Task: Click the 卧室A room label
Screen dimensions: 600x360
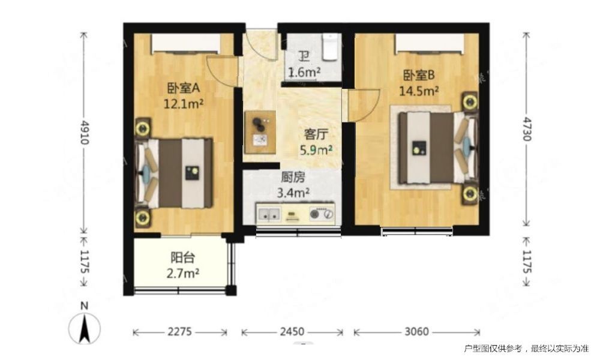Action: pyautogui.click(x=184, y=88)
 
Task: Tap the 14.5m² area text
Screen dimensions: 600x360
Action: pyautogui.click(x=419, y=91)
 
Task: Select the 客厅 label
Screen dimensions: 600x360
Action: pyautogui.click(x=316, y=134)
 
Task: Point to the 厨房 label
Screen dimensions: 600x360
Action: pyautogui.click(x=293, y=178)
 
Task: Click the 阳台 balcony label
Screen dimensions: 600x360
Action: pyautogui.click(x=183, y=258)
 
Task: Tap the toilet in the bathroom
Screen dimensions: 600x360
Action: pyautogui.click(x=330, y=47)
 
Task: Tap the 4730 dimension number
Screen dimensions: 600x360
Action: pyautogui.click(x=527, y=129)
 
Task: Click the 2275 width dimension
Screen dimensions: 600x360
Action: pyautogui.click(x=180, y=332)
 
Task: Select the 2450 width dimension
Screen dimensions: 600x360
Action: pyautogui.click(x=292, y=332)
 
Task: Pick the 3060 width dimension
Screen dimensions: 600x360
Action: pyautogui.click(x=417, y=332)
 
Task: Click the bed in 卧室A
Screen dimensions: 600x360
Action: pyautogui.click(x=175, y=173)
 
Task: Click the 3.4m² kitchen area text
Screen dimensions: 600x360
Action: pyautogui.click(x=293, y=193)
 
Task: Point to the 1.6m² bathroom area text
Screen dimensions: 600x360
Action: pyautogui.click(x=304, y=71)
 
